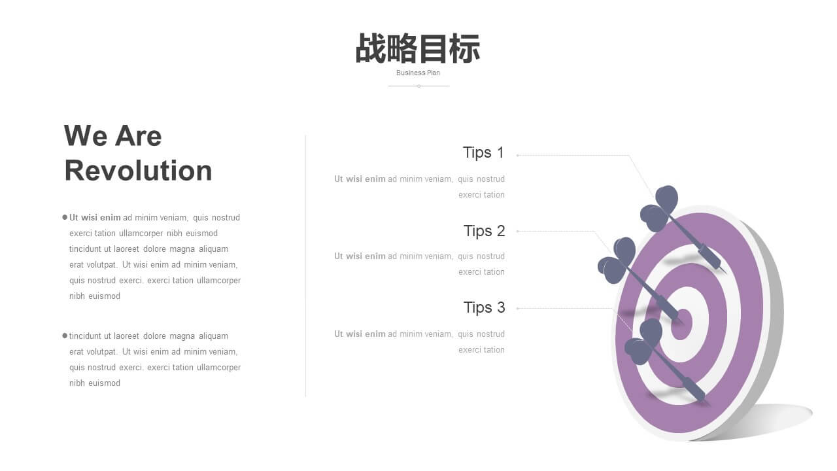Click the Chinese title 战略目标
click(418, 48)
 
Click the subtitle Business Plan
click(418, 73)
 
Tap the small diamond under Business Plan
click(419, 86)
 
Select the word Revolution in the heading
click(138, 171)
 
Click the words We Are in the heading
click(113, 135)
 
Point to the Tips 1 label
click(483, 153)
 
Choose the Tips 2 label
click(485, 231)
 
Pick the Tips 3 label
click(485, 307)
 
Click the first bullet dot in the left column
click(65, 217)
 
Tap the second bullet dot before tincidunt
click(65, 336)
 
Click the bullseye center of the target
click(681, 324)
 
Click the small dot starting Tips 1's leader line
click(517, 155)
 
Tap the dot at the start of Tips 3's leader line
click(517, 308)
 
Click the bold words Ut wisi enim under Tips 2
click(360, 256)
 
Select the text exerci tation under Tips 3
click(482, 350)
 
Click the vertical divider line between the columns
click(305, 266)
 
